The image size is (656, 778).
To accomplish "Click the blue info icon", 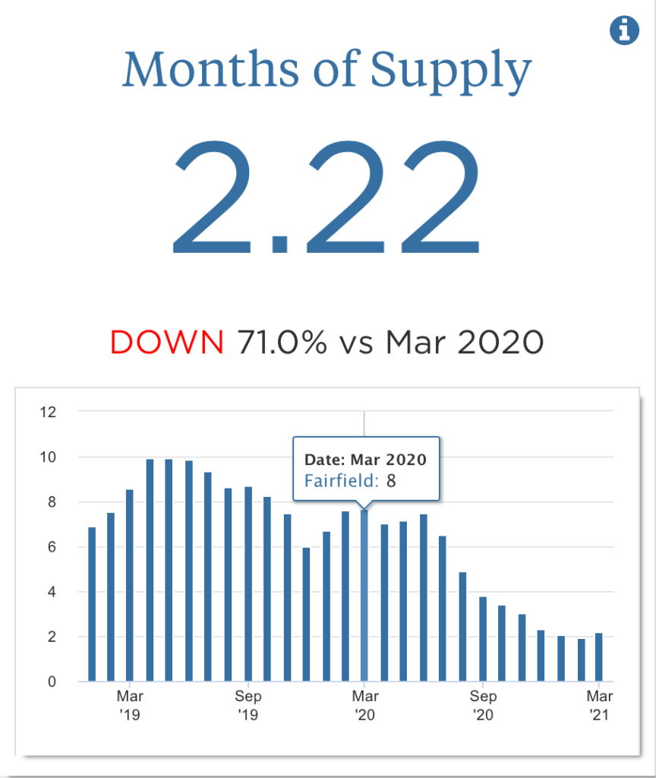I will click(x=624, y=30).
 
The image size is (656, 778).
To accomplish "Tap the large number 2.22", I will click(x=327, y=197).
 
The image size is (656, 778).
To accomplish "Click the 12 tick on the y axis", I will click(x=48, y=413).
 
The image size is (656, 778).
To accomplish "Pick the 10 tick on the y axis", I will click(x=48, y=457).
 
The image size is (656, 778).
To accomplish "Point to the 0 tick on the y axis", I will click(x=52, y=682).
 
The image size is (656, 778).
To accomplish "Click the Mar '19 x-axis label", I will click(x=130, y=705).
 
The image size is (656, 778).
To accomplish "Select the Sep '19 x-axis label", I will click(x=248, y=705).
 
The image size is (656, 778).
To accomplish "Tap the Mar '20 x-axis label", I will click(x=364, y=705).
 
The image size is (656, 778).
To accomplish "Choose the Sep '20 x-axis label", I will click(x=483, y=705).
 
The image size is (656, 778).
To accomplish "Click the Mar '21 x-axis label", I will click(x=600, y=705).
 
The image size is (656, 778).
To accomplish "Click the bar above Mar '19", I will click(x=130, y=585).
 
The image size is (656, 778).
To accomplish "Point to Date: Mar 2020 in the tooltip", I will click(x=365, y=460).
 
